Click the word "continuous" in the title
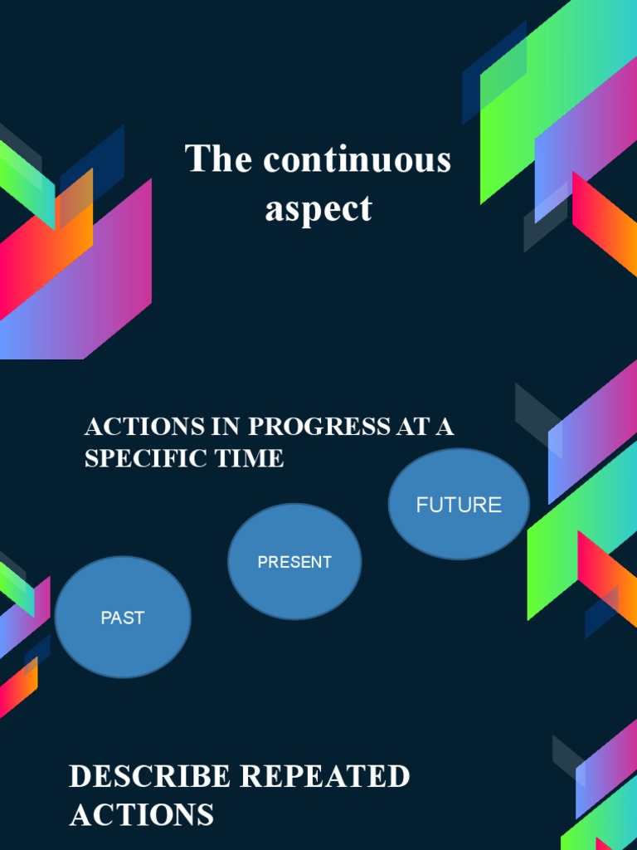pos(357,159)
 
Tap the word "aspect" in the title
pos(318,208)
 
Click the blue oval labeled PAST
pos(123,617)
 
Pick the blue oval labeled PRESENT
pos(294,562)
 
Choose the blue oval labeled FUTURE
pos(459,505)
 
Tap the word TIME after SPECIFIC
pos(249,458)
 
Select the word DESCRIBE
pos(149,777)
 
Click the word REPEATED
pos(326,777)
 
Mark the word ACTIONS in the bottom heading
pos(142,815)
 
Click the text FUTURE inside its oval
pos(459,505)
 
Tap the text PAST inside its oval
pos(123,618)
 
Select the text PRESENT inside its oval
pos(294,562)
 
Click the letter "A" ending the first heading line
pos(445,427)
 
